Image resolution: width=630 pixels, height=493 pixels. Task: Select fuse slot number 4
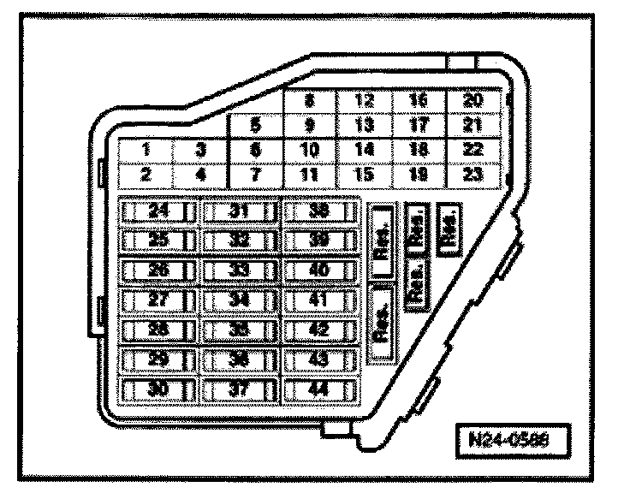click(x=199, y=175)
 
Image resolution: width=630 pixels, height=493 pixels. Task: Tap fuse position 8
click(x=309, y=101)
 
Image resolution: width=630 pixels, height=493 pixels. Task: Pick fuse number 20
click(x=472, y=101)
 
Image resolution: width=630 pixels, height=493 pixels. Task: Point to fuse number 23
click(x=472, y=175)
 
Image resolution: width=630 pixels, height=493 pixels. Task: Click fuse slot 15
click(x=364, y=175)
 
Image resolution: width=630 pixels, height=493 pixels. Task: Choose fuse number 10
click(x=309, y=151)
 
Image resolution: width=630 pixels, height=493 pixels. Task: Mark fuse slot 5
click(x=255, y=126)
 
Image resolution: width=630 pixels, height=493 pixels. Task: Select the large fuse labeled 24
click(x=158, y=211)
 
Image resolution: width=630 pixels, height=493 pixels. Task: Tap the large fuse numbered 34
click(x=241, y=300)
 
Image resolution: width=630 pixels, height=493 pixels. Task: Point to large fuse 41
click(x=320, y=300)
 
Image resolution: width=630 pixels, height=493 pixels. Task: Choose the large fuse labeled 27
click(x=158, y=300)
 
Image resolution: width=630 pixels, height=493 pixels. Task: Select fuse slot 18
click(x=419, y=151)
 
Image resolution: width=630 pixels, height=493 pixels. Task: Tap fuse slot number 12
click(x=364, y=101)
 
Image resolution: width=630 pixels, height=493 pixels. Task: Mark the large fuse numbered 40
click(x=320, y=270)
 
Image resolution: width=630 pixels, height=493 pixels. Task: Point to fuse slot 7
click(x=255, y=175)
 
